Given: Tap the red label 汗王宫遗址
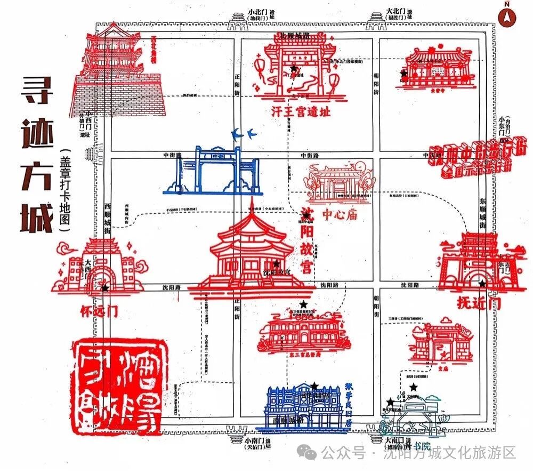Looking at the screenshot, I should point(301,113).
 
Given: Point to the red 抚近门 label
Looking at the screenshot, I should point(479,303).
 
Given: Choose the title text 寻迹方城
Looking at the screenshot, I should point(37,155).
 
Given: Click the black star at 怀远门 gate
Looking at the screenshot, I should point(105,288).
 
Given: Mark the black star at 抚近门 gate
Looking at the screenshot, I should point(482,283).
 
